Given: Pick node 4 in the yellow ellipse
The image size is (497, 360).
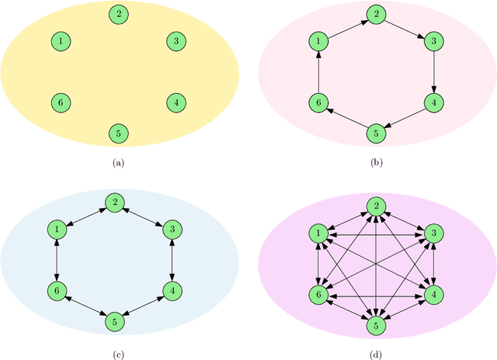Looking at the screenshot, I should (x=176, y=102).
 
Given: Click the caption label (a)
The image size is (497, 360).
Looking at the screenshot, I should (x=118, y=163).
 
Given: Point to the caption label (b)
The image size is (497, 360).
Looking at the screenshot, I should (x=376, y=163).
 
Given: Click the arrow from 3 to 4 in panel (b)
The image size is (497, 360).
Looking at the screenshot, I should (x=433, y=71).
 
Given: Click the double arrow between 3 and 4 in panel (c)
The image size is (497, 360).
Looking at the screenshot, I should (x=171, y=261).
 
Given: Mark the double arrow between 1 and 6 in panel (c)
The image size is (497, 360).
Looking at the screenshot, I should (x=57, y=261).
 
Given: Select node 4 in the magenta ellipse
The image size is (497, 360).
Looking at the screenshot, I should (x=433, y=293).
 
